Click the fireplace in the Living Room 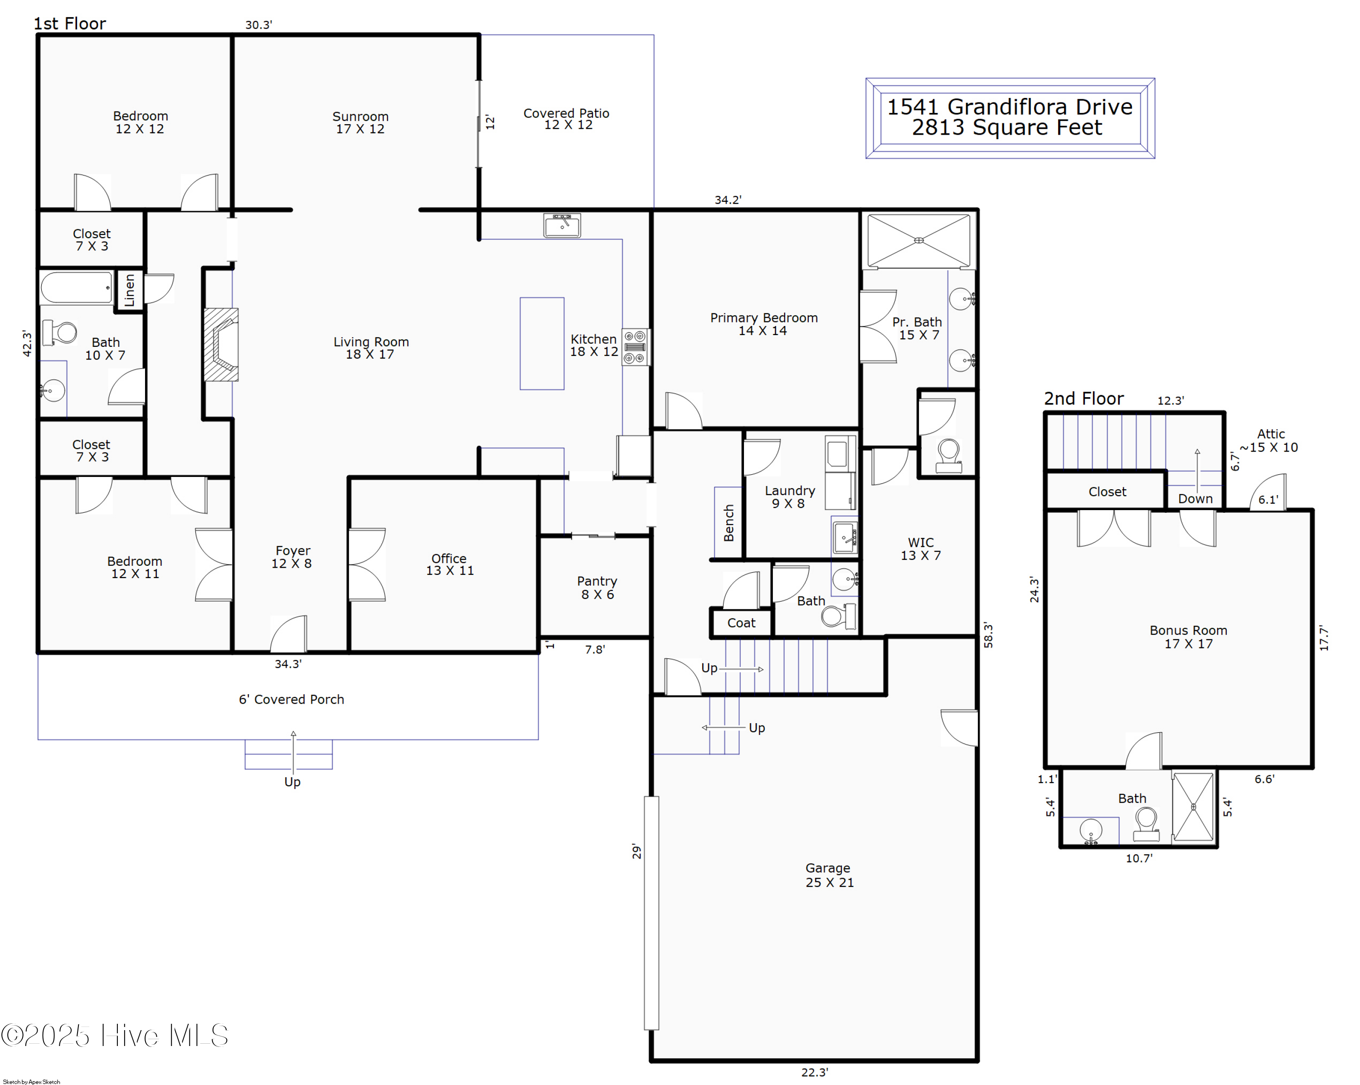click(221, 345)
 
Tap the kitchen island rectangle click(541, 344)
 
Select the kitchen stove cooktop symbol click(635, 347)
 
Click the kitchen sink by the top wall click(561, 225)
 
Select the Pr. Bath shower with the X click(918, 240)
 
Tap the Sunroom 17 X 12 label click(360, 122)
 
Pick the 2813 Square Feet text click(1007, 128)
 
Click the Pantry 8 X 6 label click(597, 587)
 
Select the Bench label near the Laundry click(729, 523)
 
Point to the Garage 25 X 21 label click(829, 875)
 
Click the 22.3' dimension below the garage click(814, 1072)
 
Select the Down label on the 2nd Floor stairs click(1195, 498)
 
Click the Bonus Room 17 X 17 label click(1188, 637)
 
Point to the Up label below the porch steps click(292, 782)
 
